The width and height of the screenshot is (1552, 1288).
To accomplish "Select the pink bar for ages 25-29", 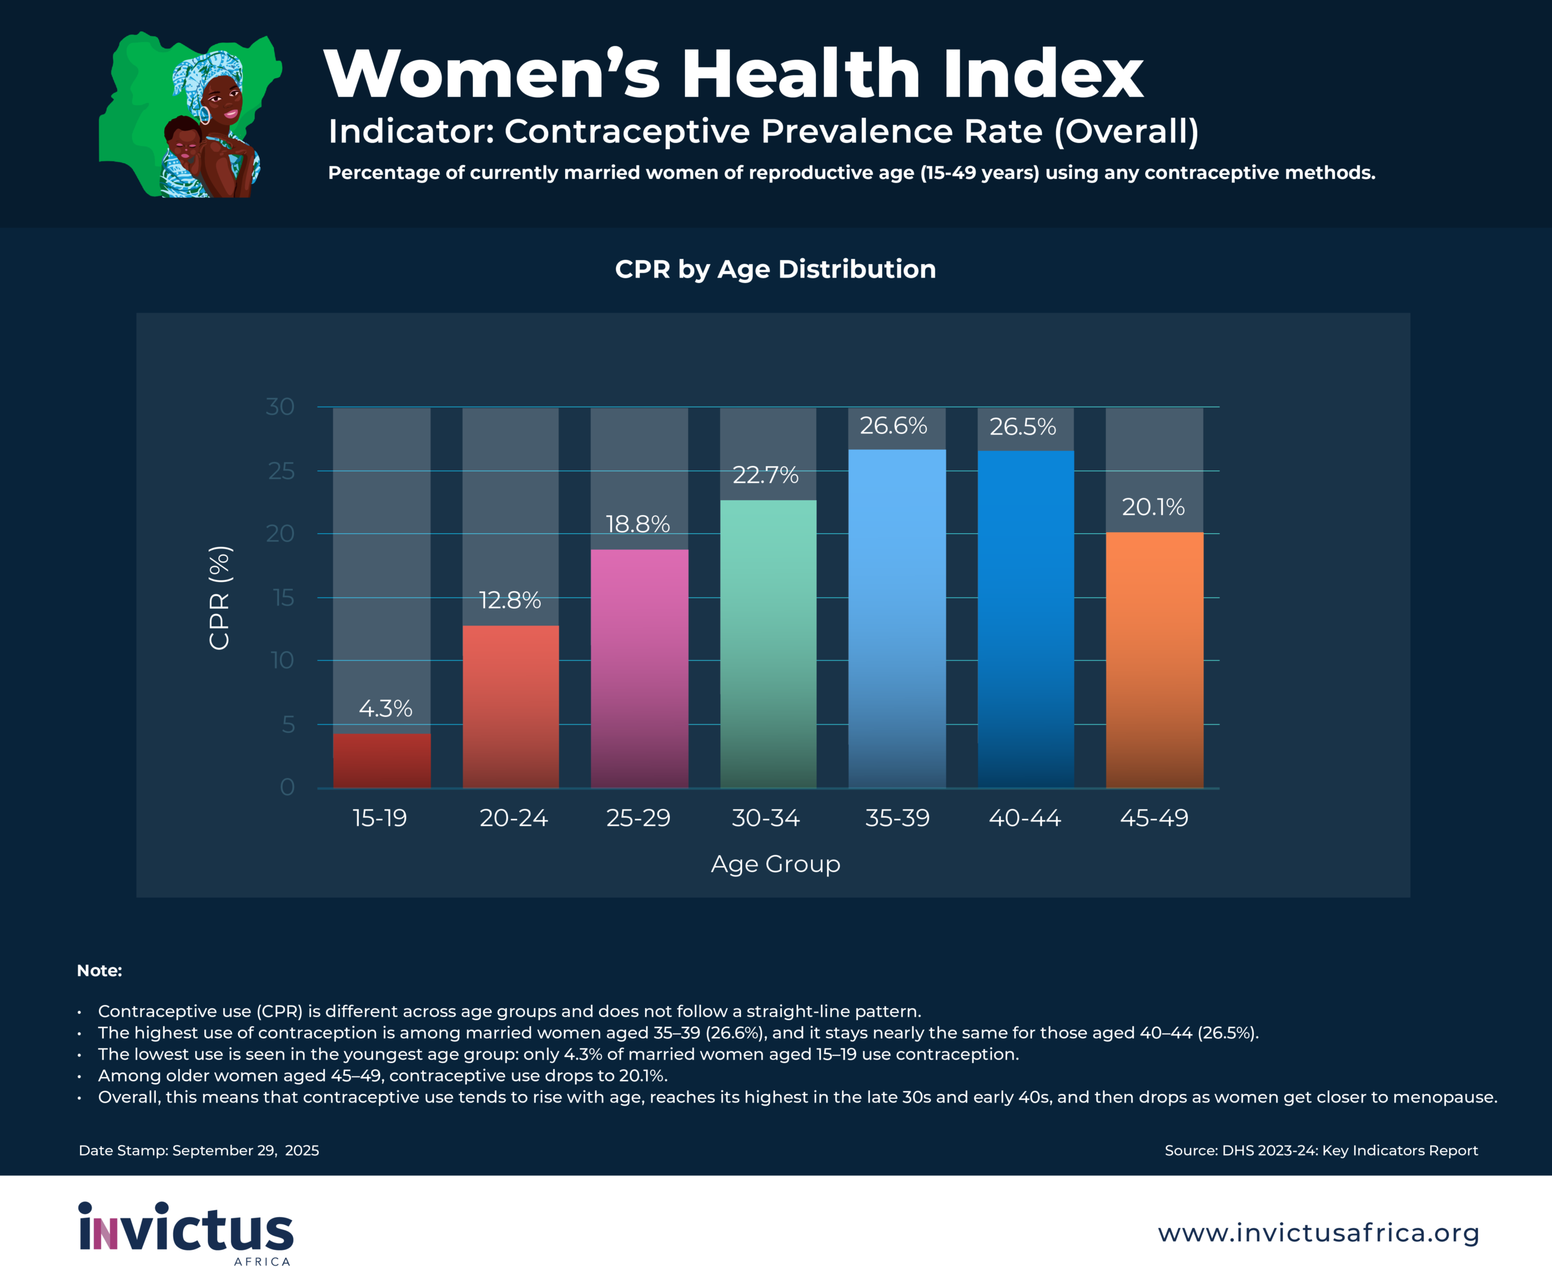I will click(639, 668).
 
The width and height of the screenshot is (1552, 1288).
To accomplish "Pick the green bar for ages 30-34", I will click(768, 643).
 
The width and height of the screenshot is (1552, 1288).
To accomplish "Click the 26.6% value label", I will click(893, 425).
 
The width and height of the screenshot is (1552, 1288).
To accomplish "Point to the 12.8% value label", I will click(510, 600).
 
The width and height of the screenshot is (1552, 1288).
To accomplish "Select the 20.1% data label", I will click(1153, 507).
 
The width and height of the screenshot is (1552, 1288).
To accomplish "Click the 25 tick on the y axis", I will click(281, 471).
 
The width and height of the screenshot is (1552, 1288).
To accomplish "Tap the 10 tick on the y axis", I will click(283, 660).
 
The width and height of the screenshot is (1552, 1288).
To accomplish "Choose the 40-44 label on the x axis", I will click(1025, 818).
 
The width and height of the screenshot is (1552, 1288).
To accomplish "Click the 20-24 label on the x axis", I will click(513, 818).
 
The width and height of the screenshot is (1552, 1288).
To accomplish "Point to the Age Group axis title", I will click(775, 864).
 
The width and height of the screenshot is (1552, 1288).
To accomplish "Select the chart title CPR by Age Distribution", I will click(775, 269).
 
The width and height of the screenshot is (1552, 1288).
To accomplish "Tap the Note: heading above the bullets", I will click(99, 970).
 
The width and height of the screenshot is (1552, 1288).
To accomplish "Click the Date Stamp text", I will click(199, 1150).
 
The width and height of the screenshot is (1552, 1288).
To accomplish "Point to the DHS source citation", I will click(1320, 1150).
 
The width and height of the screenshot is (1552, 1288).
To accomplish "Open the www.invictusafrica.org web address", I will click(1319, 1233).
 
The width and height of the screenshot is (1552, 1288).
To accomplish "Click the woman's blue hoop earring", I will click(204, 115).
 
